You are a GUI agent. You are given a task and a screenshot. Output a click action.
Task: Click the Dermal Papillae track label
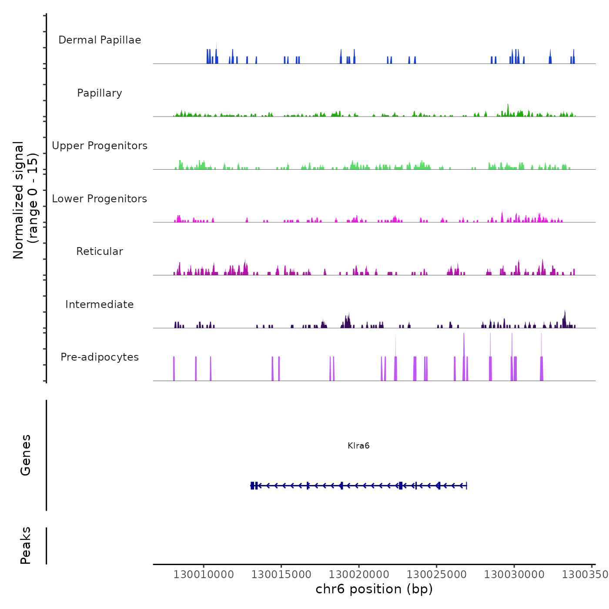click(x=100, y=40)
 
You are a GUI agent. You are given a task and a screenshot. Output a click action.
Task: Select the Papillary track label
click(x=100, y=93)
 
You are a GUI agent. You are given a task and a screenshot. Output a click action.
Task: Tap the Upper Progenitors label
click(x=100, y=146)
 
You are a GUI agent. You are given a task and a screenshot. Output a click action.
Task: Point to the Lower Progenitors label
click(x=100, y=199)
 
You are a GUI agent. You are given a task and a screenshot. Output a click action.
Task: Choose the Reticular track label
click(x=100, y=251)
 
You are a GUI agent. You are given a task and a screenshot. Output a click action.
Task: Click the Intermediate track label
click(x=100, y=304)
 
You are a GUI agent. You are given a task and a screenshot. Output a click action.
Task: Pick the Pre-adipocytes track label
click(x=100, y=357)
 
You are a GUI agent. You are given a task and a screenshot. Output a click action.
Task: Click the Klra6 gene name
click(x=358, y=446)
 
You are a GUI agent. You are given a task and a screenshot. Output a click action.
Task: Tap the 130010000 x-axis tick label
click(x=204, y=575)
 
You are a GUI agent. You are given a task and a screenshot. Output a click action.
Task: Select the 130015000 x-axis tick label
click(x=281, y=575)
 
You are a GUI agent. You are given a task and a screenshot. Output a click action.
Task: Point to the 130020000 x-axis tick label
click(x=359, y=575)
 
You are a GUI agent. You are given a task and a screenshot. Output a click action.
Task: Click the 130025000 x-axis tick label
click(x=437, y=575)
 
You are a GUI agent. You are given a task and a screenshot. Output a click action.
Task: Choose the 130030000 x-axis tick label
click(x=514, y=575)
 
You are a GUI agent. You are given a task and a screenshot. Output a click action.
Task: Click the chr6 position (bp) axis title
click(x=374, y=589)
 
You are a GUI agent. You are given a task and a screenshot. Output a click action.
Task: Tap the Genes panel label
click(x=26, y=455)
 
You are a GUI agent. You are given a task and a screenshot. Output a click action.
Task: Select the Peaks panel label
click(x=26, y=545)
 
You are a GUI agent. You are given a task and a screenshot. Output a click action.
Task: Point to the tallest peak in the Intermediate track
click(x=565, y=311)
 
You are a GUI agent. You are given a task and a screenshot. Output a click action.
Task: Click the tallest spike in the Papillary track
click(x=508, y=105)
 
